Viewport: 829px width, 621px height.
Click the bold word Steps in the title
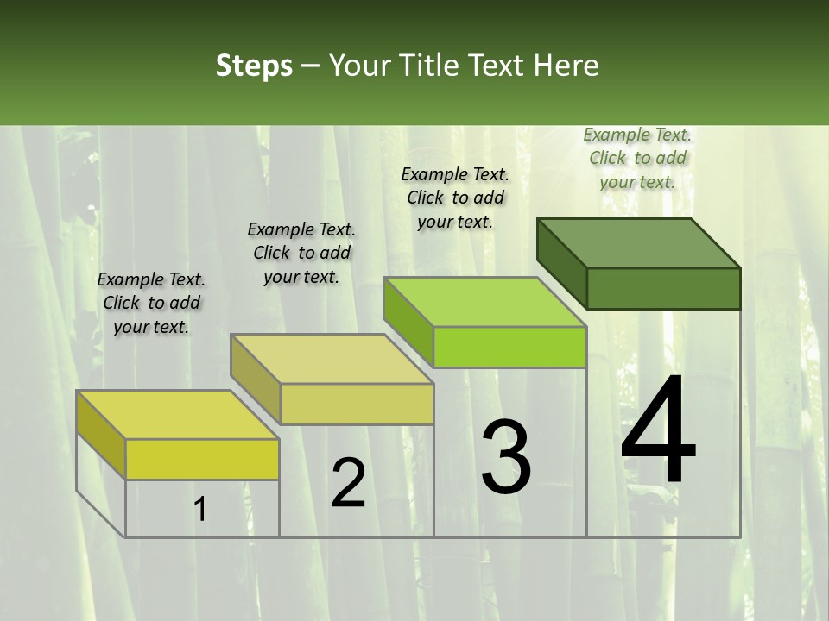point(254,66)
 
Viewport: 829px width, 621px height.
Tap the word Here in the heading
point(566,66)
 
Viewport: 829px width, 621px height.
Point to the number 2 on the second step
point(349,483)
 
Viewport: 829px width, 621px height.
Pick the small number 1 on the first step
point(200,510)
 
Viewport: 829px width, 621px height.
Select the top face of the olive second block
point(332,359)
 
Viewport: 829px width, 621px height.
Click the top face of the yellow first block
point(178,415)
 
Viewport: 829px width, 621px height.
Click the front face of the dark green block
point(663,288)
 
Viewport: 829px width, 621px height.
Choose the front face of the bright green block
point(509,347)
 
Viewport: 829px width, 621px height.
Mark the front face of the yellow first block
point(202,459)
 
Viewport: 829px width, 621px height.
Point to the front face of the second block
point(357,404)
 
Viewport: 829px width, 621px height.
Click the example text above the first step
point(151,303)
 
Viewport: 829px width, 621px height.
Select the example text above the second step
point(301,253)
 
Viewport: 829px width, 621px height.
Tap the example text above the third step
point(455,198)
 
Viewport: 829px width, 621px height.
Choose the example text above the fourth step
point(637,158)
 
